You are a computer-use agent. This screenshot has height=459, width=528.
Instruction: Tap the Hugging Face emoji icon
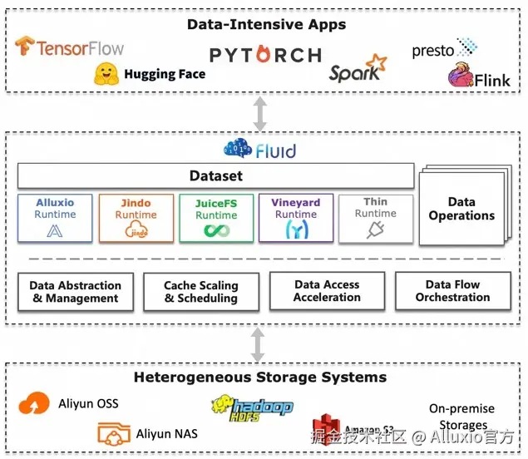pyautogui.click(x=106, y=73)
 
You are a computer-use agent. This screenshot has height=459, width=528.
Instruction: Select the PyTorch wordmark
pyautogui.click(x=265, y=55)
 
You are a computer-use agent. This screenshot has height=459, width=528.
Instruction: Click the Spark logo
pyautogui.click(x=358, y=69)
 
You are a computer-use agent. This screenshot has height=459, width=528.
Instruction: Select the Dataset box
pyautogui.click(x=216, y=175)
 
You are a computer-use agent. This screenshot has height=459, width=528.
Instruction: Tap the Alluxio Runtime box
pyautogui.click(x=55, y=218)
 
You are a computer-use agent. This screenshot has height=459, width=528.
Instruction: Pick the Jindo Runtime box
pyautogui.click(x=136, y=218)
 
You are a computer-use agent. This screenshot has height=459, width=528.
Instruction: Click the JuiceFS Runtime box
pyautogui.click(x=216, y=218)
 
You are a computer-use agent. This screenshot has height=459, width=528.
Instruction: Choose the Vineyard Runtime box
pyautogui.click(x=296, y=218)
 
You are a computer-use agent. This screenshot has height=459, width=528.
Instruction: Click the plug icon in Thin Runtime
pyautogui.click(x=376, y=230)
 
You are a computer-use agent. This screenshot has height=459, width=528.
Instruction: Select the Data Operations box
pyautogui.click(x=461, y=209)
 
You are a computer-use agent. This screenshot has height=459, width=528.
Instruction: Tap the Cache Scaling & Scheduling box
pyautogui.click(x=200, y=292)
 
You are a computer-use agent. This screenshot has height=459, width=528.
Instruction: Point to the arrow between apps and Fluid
pyautogui.click(x=260, y=114)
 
